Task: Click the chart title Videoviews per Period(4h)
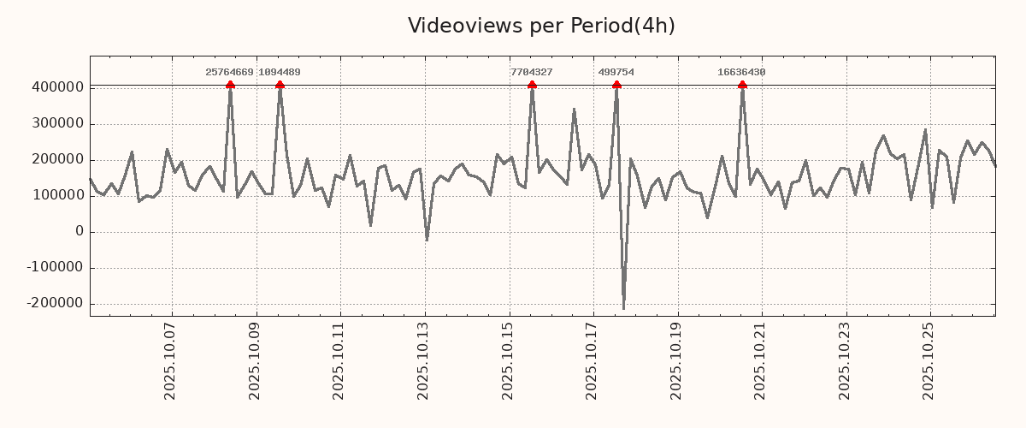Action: point(541,26)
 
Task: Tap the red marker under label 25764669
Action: point(230,85)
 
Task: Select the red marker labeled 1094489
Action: point(280,85)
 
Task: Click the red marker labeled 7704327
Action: point(532,85)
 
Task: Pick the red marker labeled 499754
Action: point(616,85)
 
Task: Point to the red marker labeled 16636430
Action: point(742,85)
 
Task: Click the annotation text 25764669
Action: point(229,73)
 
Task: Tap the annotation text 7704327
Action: point(531,73)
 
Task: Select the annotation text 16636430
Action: point(741,73)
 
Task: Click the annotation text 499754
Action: point(616,73)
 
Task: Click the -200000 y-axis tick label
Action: point(55,303)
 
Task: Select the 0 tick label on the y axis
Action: point(80,231)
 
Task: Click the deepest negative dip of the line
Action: point(623,308)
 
